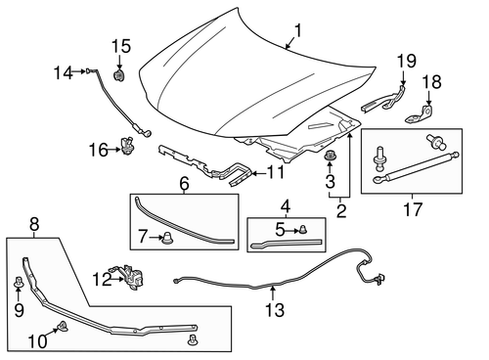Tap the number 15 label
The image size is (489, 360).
(120, 45)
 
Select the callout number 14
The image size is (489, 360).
(63, 70)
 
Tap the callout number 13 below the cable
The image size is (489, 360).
(275, 311)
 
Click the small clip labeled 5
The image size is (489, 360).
(305, 228)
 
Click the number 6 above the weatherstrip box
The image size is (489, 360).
(184, 182)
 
